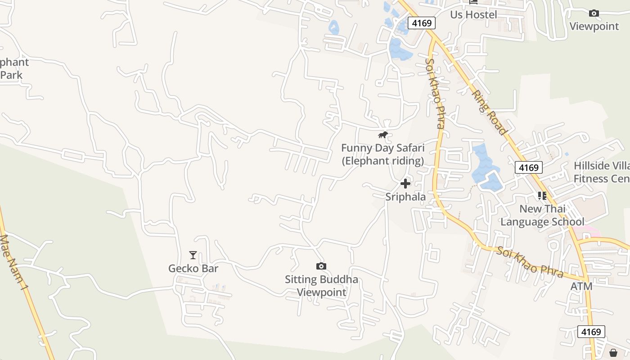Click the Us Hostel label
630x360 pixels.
(x=473, y=15)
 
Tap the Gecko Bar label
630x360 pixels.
(x=193, y=269)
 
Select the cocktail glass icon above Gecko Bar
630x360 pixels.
(x=193, y=255)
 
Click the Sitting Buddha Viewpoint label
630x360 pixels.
(x=321, y=286)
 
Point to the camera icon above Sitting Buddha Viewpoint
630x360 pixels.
(x=321, y=266)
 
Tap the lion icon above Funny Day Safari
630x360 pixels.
(x=383, y=135)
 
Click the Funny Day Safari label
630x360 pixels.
(x=382, y=154)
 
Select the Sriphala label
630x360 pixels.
(x=405, y=197)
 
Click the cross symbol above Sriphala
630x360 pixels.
(x=405, y=184)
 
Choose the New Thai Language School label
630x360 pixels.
(x=542, y=215)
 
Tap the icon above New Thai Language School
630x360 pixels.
(x=542, y=195)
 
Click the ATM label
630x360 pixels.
(x=581, y=287)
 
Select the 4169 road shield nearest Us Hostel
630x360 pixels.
(x=422, y=23)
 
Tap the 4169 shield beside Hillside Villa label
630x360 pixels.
(x=528, y=168)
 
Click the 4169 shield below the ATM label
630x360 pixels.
(x=591, y=332)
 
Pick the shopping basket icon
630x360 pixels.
(x=613, y=352)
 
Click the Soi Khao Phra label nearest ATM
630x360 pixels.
(x=530, y=261)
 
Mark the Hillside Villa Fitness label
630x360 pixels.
(x=601, y=172)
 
